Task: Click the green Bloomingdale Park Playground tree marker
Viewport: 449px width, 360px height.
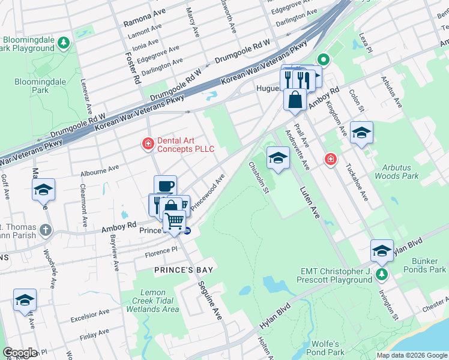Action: (x=64, y=43)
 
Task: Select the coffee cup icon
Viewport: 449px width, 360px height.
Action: (x=165, y=186)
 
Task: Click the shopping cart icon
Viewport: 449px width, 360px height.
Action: (x=175, y=223)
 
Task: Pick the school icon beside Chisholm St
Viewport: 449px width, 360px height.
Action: (x=277, y=158)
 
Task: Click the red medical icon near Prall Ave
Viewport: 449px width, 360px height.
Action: (x=330, y=159)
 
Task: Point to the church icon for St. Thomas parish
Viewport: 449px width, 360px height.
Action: (x=46, y=230)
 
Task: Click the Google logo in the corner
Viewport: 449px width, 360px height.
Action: (x=20, y=353)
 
